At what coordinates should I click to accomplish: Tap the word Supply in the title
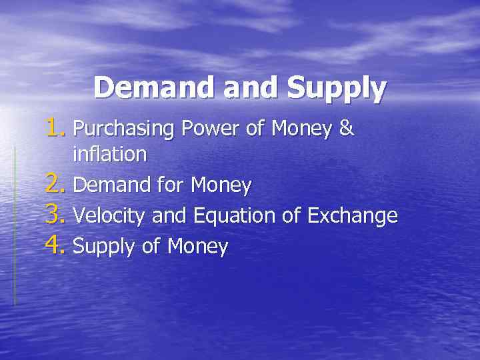pyautogui.click(x=337, y=89)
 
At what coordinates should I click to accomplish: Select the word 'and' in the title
pyautogui.click(x=253, y=89)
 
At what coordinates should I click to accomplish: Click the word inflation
pyautogui.click(x=109, y=155)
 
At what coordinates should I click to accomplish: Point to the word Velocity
pyautogui.click(x=109, y=216)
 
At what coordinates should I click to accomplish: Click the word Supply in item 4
pyautogui.click(x=104, y=248)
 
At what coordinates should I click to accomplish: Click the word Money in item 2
pyautogui.click(x=221, y=186)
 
